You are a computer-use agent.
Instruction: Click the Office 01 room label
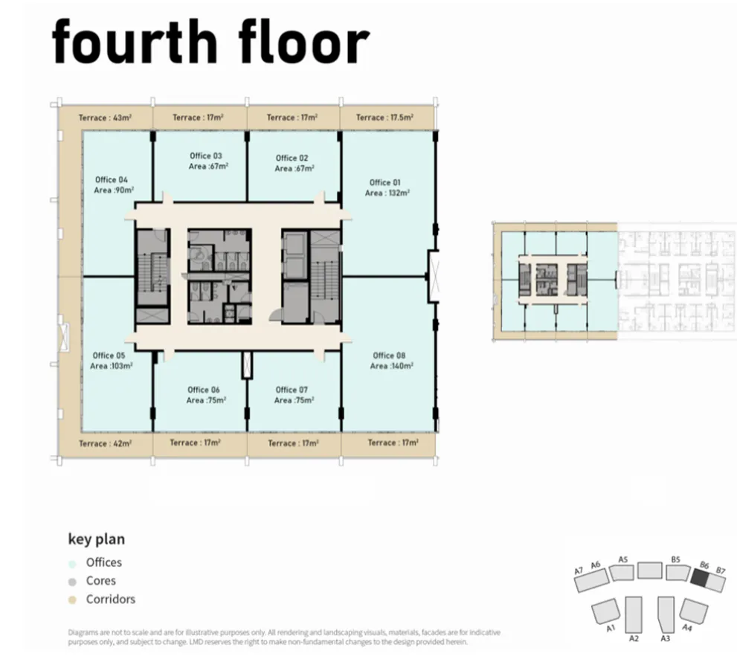coord(385,182)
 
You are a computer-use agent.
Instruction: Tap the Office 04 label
coord(112,179)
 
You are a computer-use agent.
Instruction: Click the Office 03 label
coord(206,155)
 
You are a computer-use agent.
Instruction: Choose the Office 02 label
coord(292,158)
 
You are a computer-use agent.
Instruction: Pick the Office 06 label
coord(204,390)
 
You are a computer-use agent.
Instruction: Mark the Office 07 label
coord(292,390)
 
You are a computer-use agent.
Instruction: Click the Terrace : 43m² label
coord(105,118)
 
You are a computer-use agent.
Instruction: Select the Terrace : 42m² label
coord(105,443)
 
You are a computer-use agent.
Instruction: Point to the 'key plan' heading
coord(97,539)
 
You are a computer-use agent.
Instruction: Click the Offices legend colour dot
coord(72,564)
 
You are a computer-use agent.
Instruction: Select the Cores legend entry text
coord(101,581)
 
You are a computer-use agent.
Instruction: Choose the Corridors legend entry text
coord(111,599)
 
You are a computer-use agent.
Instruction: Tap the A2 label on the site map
coord(634,637)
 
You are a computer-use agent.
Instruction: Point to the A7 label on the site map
coord(578,571)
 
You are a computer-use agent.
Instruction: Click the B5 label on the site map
coord(675,559)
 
